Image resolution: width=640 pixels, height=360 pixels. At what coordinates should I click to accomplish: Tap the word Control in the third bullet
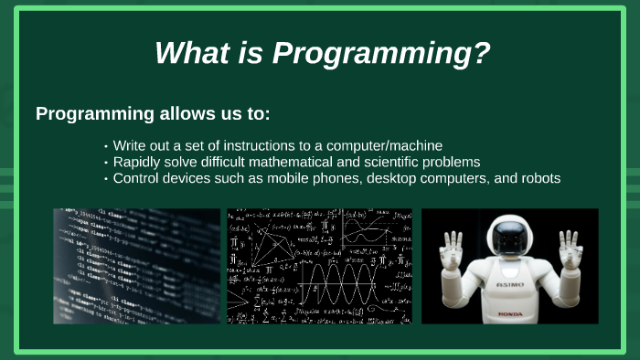pyautogui.click(x=138, y=178)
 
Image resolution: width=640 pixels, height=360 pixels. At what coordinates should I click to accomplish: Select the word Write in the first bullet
pyautogui.click(x=132, y=145)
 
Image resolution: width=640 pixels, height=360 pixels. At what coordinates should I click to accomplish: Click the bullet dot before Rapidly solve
pyautogui.click(x=106, y=163)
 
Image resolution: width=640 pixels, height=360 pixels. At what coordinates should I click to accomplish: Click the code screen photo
pyautogui.click(x=136, y=266)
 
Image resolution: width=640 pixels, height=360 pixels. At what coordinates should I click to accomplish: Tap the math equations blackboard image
pyautogui.click(x=319, y=266)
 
